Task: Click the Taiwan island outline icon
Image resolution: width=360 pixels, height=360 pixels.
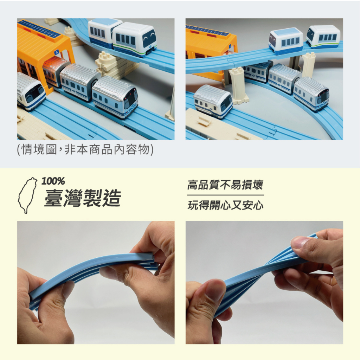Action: [27, 195]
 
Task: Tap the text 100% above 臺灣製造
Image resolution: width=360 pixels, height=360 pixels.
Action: [53, 181]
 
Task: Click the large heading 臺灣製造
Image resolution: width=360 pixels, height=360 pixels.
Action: [82, 198]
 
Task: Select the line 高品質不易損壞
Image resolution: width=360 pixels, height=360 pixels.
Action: [225, 185]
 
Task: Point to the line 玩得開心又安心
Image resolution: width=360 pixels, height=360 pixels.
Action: [225, 205]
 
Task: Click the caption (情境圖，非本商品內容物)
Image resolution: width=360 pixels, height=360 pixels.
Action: [85, 150]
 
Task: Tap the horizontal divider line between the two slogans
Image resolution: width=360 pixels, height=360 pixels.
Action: [225, 195]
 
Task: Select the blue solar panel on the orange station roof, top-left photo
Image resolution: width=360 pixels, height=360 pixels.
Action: [39, 28]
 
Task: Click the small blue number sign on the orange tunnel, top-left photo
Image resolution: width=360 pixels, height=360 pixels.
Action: [57, 52]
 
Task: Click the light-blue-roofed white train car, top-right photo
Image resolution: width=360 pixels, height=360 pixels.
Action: [286, 41]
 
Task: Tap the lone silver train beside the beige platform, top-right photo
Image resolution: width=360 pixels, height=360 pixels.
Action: [213, 101]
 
